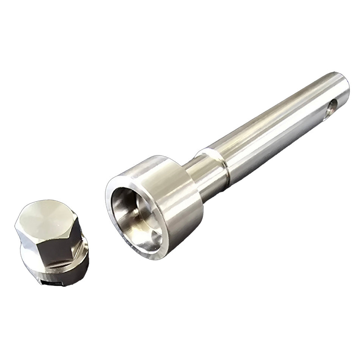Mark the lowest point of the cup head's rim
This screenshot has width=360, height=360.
(x=155, y=258)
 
